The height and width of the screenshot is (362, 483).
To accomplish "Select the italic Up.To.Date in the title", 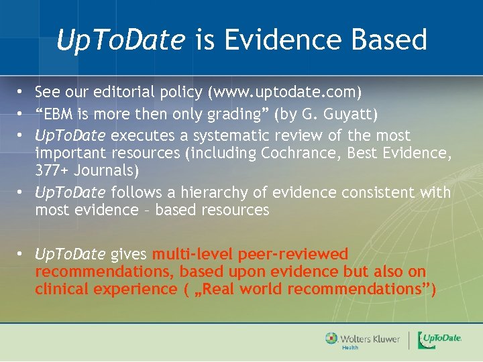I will [x=120, y=40].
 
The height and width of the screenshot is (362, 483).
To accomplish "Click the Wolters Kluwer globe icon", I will [x=331, y=339].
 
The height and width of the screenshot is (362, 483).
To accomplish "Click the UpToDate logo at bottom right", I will [x=439, y=340].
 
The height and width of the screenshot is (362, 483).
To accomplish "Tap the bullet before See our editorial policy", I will [x=21, y=91].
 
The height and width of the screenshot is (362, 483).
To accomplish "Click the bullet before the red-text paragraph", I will [x=21, y=255].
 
